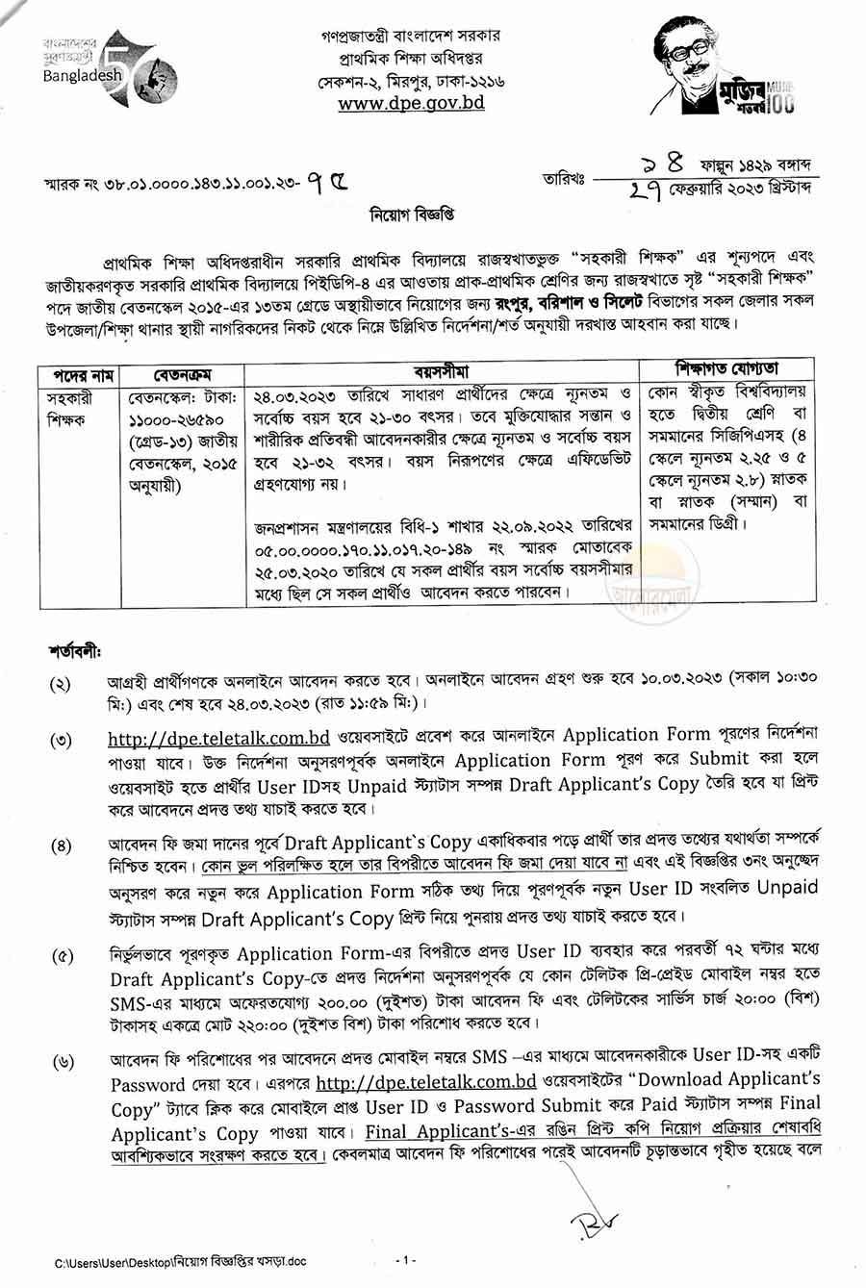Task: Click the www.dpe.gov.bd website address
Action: (411, 103)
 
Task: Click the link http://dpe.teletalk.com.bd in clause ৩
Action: (218, 738)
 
